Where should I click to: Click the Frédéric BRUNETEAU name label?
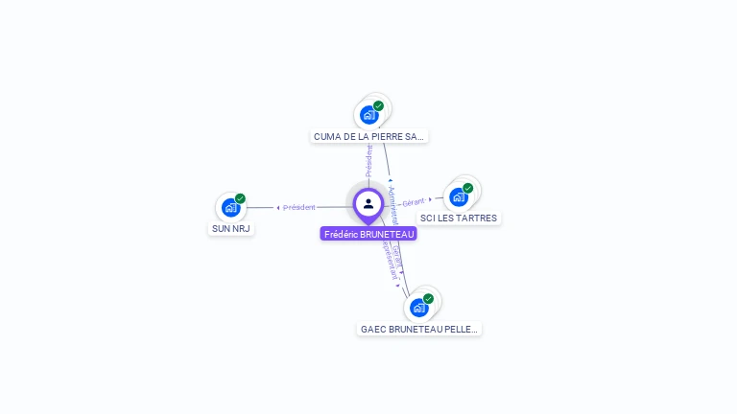pos(368,234)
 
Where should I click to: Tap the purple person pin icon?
pos(368,204)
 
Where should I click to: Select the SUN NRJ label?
pos(231,229)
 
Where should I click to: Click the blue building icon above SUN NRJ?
pos(230,208)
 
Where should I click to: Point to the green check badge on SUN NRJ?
pos(240,198)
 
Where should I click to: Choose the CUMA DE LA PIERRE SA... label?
pos(368,137)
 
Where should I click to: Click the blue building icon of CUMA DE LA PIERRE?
pos(368,115)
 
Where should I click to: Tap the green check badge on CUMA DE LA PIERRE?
pos(378,105)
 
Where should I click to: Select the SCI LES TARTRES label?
pos(459,218)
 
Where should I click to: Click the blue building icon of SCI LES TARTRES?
pos(458,197)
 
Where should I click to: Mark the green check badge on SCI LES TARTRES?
pos(467,188)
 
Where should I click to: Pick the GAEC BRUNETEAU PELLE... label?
pos(418,329)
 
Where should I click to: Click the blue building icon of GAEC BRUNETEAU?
pos(418,308)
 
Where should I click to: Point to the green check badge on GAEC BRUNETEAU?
pos(428,298)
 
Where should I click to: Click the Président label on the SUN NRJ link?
pos(298,207)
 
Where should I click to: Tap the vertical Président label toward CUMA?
pos(368,161)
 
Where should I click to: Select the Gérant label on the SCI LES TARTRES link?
pos(414,201)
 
